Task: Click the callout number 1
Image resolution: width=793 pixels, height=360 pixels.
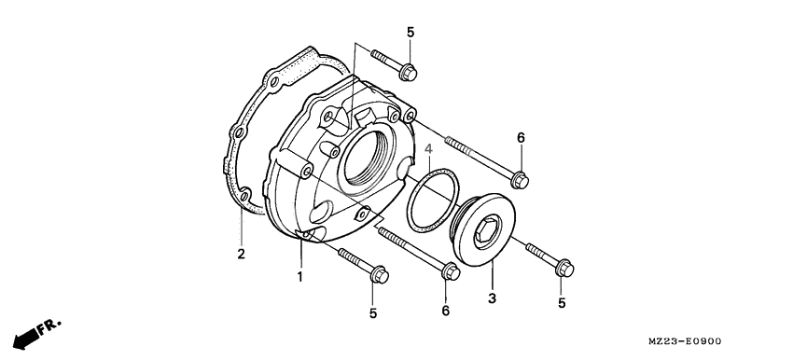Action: pyautogui.click(x=300, y=277)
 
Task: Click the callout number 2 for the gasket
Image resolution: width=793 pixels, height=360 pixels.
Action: pyautogui.click(x=240, y=254)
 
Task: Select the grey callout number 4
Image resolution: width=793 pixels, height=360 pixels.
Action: pyautogui.click(x=428, y=150)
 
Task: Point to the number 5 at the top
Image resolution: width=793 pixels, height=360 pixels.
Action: pyautogui.click(x=410, y=34)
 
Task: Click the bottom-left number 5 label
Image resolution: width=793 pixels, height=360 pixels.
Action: pyautogui.click(x=372, y=313)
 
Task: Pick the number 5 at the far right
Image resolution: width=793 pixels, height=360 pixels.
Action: pyautogui.click(x=562, y=302)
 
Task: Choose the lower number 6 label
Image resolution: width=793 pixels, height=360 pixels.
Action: pyautogui.click(x=446, y=310)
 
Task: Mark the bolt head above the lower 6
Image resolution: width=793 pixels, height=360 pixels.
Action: pyautogui.click(x=449, y=273)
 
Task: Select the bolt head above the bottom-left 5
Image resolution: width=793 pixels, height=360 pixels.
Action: pyautogui.click(x=379, y=276)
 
